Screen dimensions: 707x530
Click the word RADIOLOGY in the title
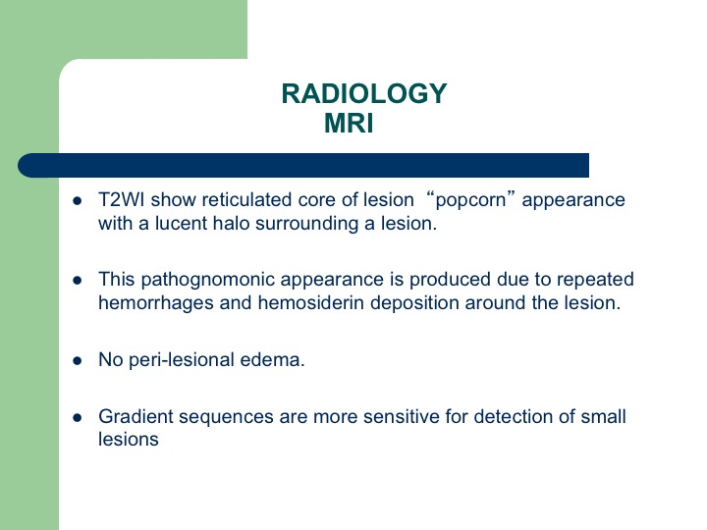click(x=364, y=94)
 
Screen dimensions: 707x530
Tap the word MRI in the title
click(x=349, y=123)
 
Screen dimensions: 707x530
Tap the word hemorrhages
click(x=156, y=303)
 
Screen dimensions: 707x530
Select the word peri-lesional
click(x=182, y=360)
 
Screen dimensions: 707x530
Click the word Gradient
click(x=136, y=416)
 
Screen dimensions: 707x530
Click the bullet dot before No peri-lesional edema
click(x=78, y=360)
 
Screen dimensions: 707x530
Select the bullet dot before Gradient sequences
click(x=78, y=417)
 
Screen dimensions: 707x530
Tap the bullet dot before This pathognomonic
click(x=78, y=281)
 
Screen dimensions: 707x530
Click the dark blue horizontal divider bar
click(x=303, y=166)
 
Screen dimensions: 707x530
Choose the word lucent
click(x=181, y=223)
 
